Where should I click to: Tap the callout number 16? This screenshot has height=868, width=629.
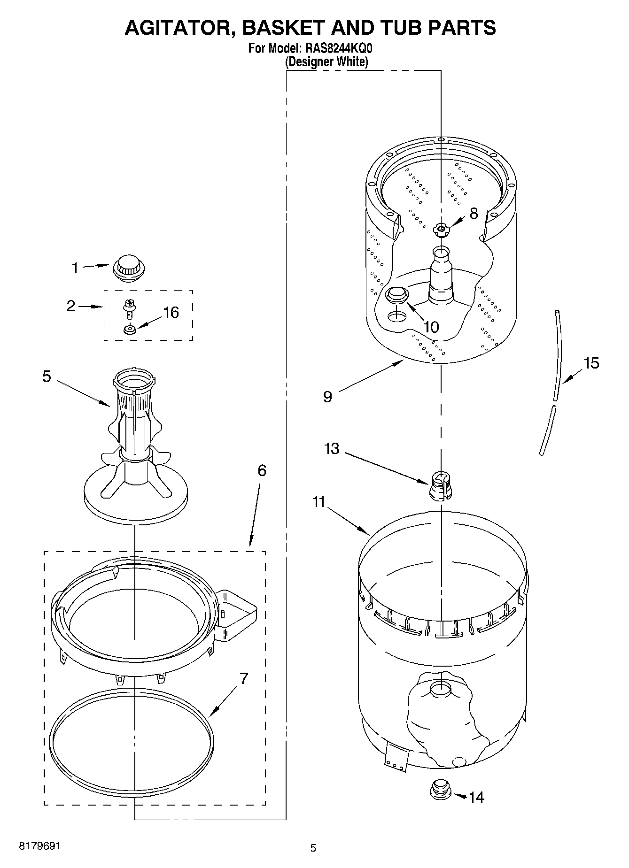[171, 313]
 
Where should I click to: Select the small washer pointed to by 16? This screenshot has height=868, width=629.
[129, 330]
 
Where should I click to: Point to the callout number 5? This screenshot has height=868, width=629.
[47, 376]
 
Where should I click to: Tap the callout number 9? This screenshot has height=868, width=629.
[327, 397]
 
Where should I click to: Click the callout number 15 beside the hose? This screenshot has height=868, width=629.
[591, 363]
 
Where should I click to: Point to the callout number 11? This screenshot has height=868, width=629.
[319, 502]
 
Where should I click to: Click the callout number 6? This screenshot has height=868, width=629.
[262, 470]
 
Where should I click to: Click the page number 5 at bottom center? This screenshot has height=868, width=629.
[313, 848]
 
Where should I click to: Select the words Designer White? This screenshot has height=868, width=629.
[327, 61]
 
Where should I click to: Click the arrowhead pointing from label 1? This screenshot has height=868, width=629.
[107, 266]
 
